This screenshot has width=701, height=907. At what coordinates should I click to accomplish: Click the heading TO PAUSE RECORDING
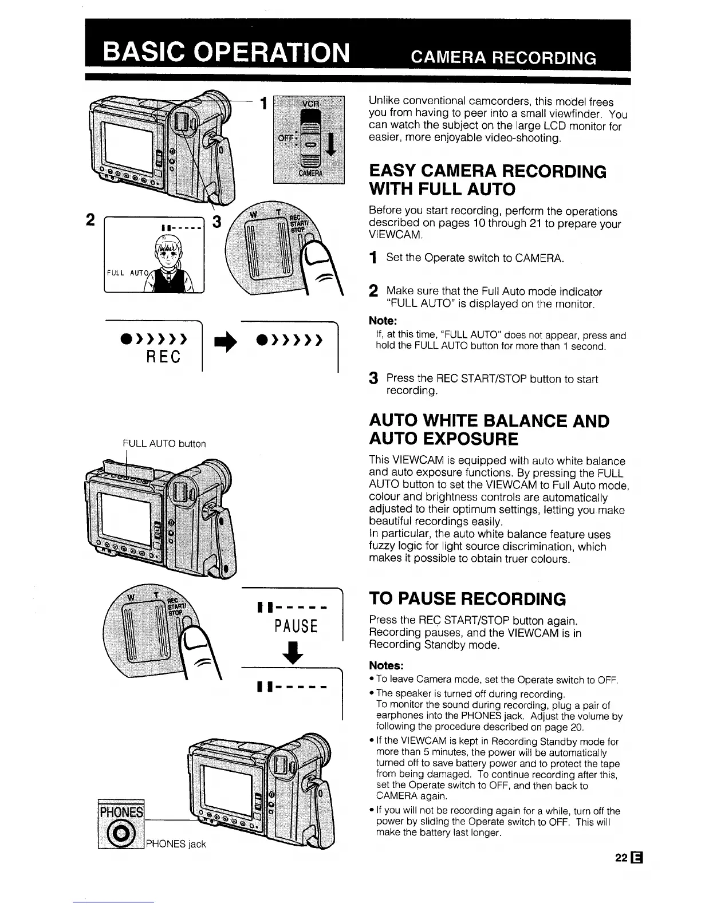pos(467,599)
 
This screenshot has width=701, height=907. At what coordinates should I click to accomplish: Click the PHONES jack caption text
pos(176,843)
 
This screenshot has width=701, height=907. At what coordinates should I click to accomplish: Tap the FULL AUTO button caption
pos(164,443)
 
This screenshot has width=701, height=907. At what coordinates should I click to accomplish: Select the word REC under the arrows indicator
pos(164,356)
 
